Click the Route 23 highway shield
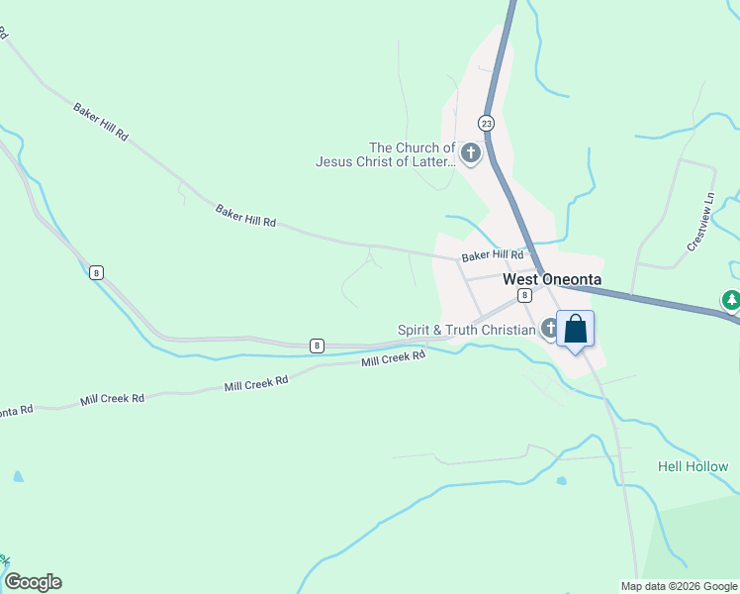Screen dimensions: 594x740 (x=486, y=123)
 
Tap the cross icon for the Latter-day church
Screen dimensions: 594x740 (x=470, y=153)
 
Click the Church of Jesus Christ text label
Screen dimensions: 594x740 (x=386, y=154)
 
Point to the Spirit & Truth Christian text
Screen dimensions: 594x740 (x=467, y=330)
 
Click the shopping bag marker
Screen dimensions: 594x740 (x=576, y=329)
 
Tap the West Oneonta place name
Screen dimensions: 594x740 (x=552, y=279)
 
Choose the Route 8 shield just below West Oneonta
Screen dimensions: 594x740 (x=524, y=295)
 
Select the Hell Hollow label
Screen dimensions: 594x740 (x=693, y=466)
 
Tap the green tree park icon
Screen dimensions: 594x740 (x=730, y=299)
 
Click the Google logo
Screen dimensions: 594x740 (x=33, y=582)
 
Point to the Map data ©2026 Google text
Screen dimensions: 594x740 (x=679, y=586)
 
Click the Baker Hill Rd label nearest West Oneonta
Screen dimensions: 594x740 (x=492, y=255)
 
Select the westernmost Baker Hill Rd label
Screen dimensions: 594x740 (x=101, y=119)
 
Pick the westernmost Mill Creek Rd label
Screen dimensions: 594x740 (x=112, y=398)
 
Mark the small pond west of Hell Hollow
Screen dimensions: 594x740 (x=562, y=482)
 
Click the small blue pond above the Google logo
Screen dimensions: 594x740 (x=18, y=476)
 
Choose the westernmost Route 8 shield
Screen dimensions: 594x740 (x=95, y=272)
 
